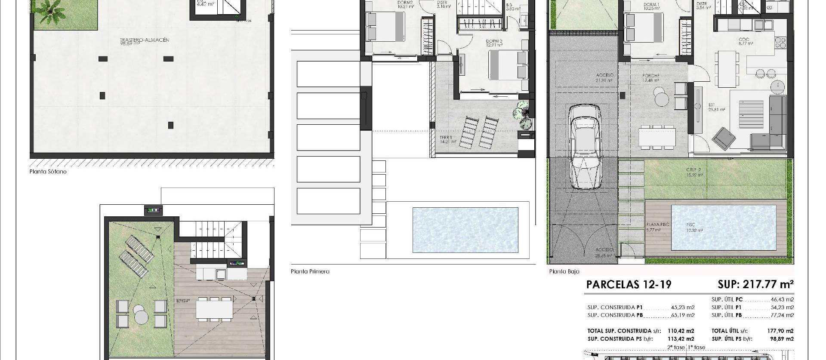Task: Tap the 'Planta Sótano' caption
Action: [x=48, y=172]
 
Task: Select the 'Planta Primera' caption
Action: [x=310, y=271]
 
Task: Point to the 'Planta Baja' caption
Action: [x=564, y=271]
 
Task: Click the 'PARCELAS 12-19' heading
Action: [x=629, y=285]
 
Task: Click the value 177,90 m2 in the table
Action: [x=783, y=331]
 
